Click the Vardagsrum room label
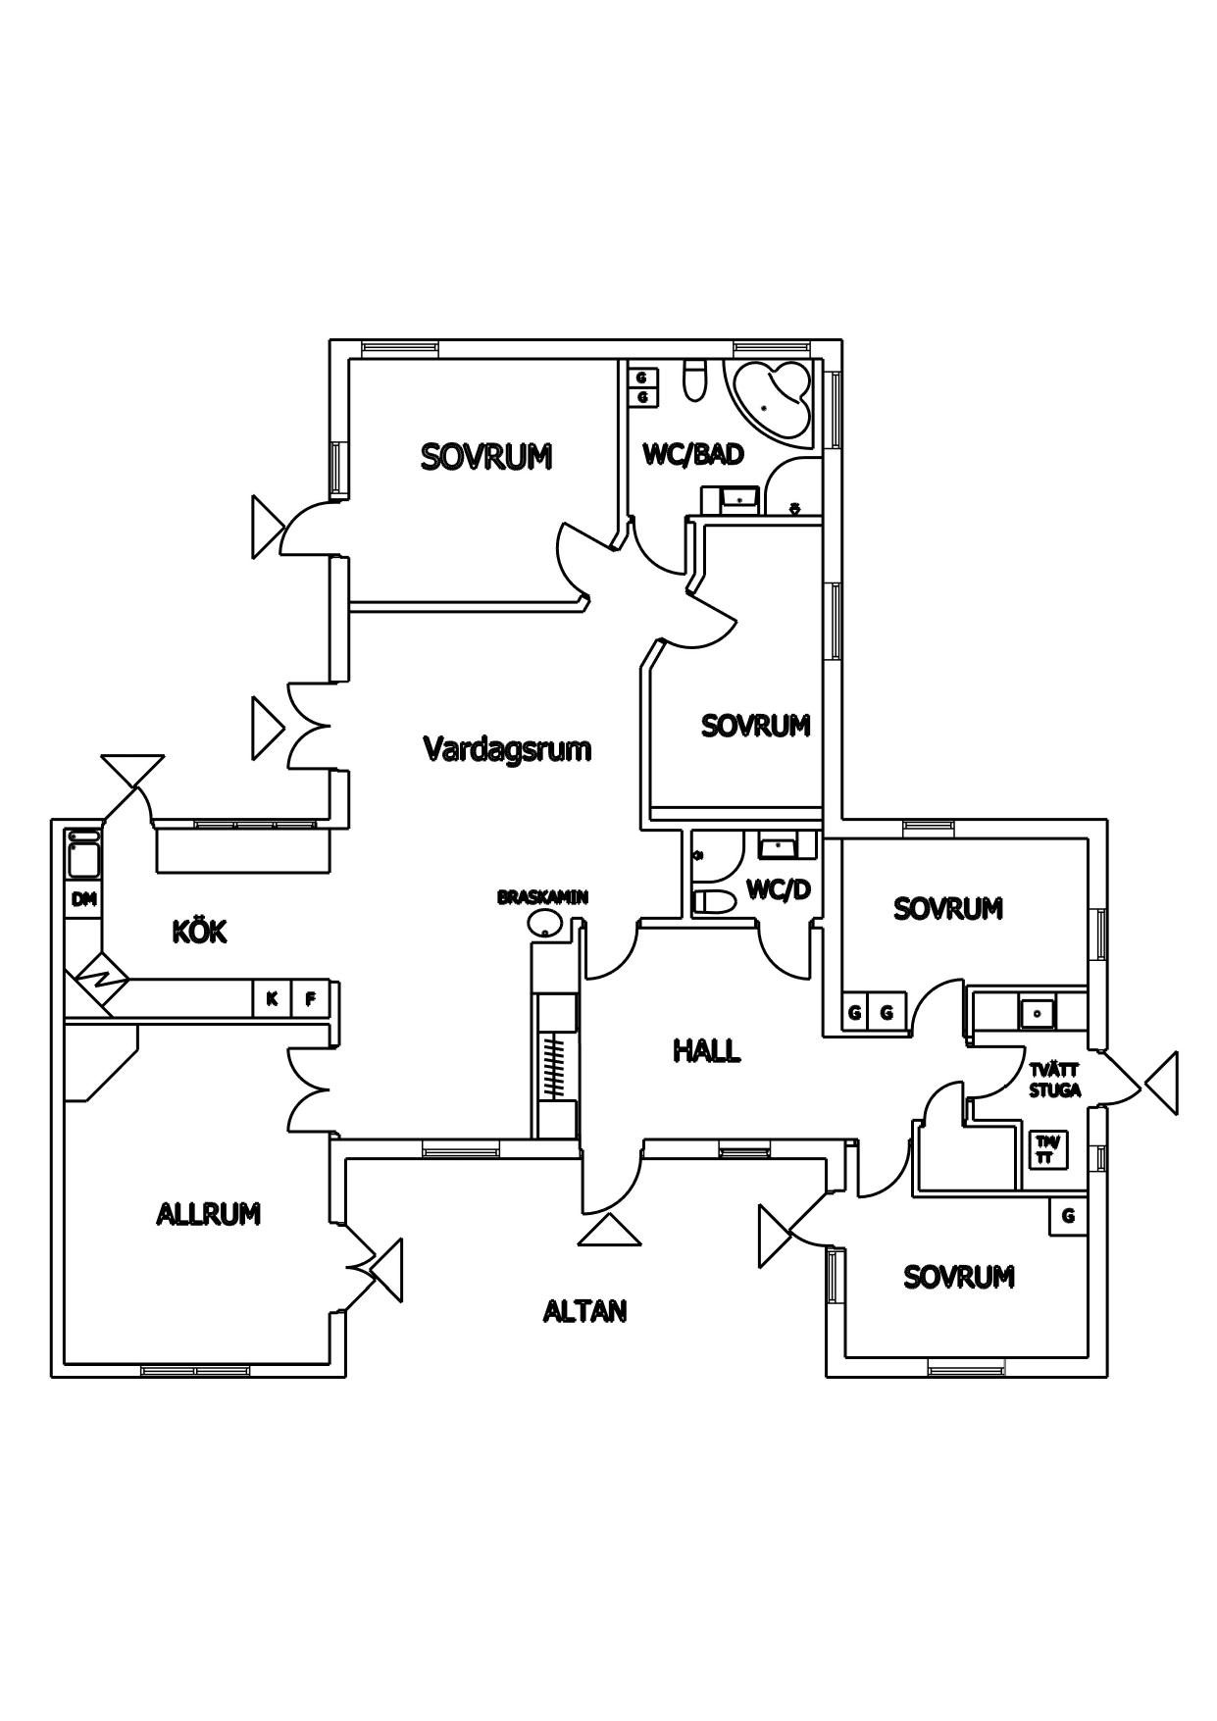click(507, 749)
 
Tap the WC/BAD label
click(692, 454)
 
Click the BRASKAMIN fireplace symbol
click(543, 921)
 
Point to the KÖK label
click(199, 931)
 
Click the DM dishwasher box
click(84, 899)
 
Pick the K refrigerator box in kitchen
click(272, 999)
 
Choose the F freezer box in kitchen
click(310, 999)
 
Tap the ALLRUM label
click(208, 1214)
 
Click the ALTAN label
click(584, 1311)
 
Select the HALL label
click(706, 1051)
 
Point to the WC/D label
click(779, 889)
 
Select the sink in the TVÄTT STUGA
click(1035, 1010)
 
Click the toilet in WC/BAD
click(695, 381)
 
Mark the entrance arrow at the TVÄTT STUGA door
click(1161, 1084)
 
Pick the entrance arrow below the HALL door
click(609, 1231)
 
